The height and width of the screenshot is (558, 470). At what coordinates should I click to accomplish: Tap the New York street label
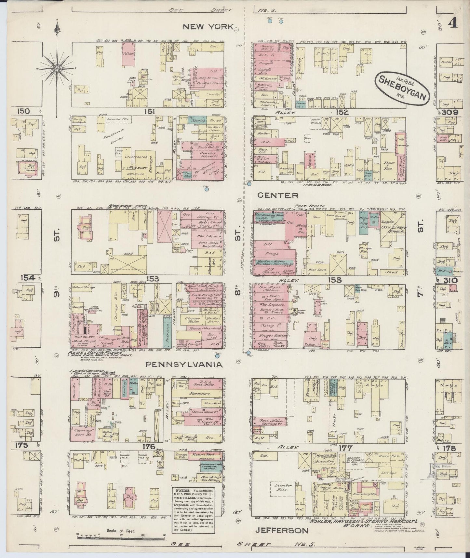208,27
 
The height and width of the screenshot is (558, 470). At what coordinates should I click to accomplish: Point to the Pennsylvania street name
184,364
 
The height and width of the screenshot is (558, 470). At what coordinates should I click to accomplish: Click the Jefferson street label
282,530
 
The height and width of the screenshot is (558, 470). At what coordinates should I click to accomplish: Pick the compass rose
57,68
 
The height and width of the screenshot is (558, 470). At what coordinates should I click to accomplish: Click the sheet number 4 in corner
453,23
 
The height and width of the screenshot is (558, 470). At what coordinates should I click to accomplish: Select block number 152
342,112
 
